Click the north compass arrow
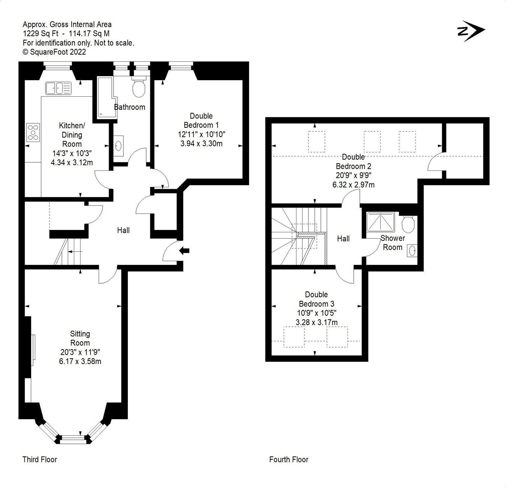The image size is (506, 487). tap(471, 31)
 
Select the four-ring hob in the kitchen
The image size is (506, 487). tap(33, 132)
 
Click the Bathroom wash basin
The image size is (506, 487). tap(119, 145)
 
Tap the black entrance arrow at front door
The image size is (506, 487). tap(185, 251)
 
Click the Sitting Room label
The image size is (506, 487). tap(80, 338)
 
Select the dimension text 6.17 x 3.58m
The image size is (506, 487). tap(80, 362)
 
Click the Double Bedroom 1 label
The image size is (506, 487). tap(201, 120)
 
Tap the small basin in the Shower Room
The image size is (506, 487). tap(413, 250)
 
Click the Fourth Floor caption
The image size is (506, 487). tap(289, 459)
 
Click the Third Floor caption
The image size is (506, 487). tap(40, 459)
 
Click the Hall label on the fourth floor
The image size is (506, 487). tap(343, 239)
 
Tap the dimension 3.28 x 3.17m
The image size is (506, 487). tap(316, 322)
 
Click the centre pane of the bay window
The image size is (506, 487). tap(73, 438)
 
